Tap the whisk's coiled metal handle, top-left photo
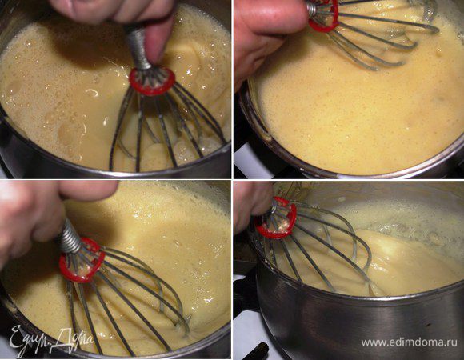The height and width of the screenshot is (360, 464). click(138, 46)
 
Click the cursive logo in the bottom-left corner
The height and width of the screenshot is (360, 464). click(50, 340)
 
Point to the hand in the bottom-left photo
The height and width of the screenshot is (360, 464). click(44, 213)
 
